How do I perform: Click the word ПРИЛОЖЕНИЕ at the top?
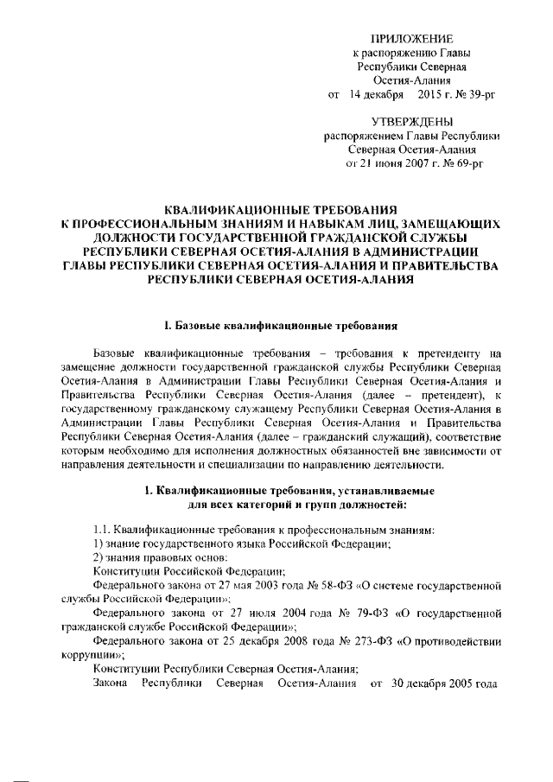(411, 40)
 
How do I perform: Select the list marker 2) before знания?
(99, 556)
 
